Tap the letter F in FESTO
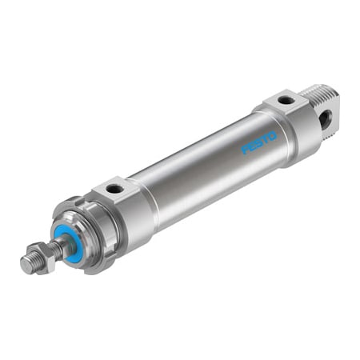[246, 150]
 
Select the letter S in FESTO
[258, 142]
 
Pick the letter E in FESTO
[252, 146]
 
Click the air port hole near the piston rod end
[115, 189]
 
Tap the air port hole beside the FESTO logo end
[286, 101]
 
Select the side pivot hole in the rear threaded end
[323, 118]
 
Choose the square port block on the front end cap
[114, 190]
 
